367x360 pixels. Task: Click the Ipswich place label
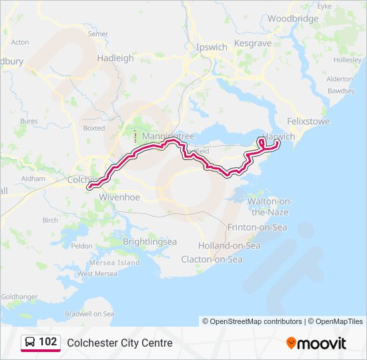pyautogui.click(x=212, y=47)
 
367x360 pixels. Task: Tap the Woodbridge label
pyautogui.click(x=294, y=19)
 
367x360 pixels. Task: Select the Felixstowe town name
pyautogui.click(x=308, y=122)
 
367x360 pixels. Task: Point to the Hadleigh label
pyautogui.click(x=115, y=58)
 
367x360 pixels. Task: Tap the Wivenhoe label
pyautogui.click(x=119, y=197)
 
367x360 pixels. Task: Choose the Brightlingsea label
pyautogui.click(x=150, y=242)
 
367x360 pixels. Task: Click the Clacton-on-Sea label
pyautogui.click(x=212, y=259)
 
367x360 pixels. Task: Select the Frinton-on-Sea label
pyautogui.click(x=257, y=227)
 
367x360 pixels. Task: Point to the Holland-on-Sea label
pyautogui.click(x=229, y=245)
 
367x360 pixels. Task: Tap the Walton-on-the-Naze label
pyautogui.click(x=270, y=206)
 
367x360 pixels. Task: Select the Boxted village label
pyautogui.click(x=94, y=128)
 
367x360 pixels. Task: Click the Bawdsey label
pyautogui.click(x=341, y=90)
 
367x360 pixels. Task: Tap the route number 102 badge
pyautogui.click(x=47, y=342)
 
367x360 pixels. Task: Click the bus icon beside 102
pyautogui.click(x=30, y=342)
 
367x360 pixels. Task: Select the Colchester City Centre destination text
pyautogui.click(x=119, y=343)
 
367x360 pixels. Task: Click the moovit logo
pyautogui.click(x=316, y=343)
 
